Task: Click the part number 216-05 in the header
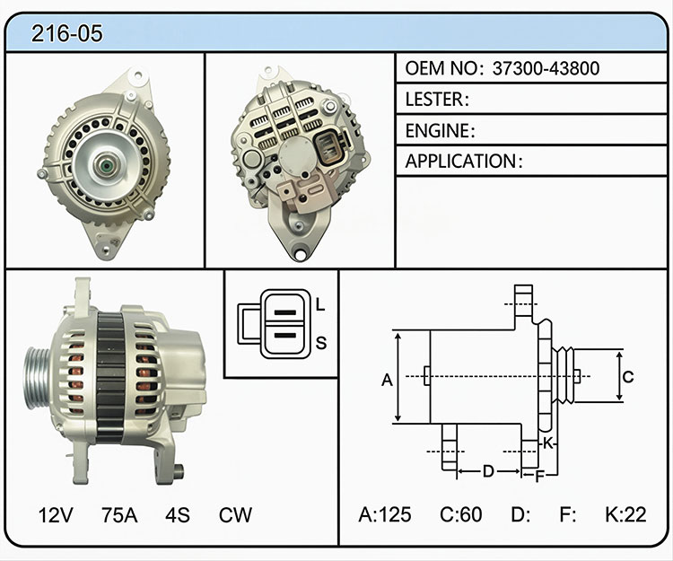tap(67, 33)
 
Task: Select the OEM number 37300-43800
tap(546, 68)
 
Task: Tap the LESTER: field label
tap(437, 99)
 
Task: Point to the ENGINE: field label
tap(440, 130)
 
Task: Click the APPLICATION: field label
tap(464, 162)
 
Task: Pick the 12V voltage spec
tap(56, 514)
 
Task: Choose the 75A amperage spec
tap(119, 514)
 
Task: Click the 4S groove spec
tap(178, 514)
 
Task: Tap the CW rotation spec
tap(235, 514)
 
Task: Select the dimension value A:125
tap(385, 514)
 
